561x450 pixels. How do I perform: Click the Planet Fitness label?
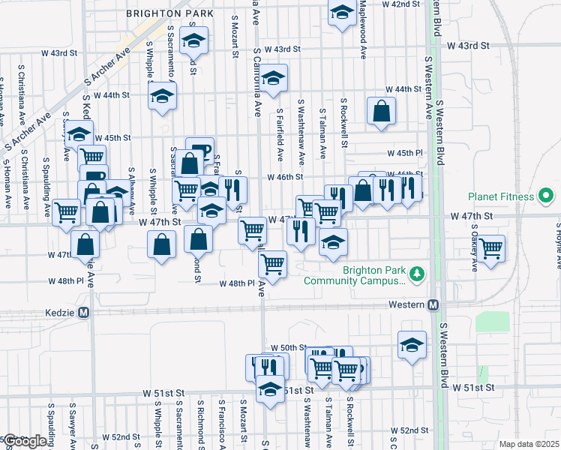500,197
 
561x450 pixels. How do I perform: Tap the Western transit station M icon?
433,305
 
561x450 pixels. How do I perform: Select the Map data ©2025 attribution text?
529,444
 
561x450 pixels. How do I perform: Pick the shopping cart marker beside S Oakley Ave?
491,247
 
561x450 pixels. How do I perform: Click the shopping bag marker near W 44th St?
381,111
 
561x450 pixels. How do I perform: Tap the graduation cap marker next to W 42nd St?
342,12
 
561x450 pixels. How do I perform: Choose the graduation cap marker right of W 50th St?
412,344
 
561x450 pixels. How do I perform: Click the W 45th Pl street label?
406,153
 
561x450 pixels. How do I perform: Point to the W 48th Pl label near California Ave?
238,284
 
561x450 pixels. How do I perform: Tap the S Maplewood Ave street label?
363,30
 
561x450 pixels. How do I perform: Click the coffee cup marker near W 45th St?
199,149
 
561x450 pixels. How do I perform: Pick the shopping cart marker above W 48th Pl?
272,263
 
